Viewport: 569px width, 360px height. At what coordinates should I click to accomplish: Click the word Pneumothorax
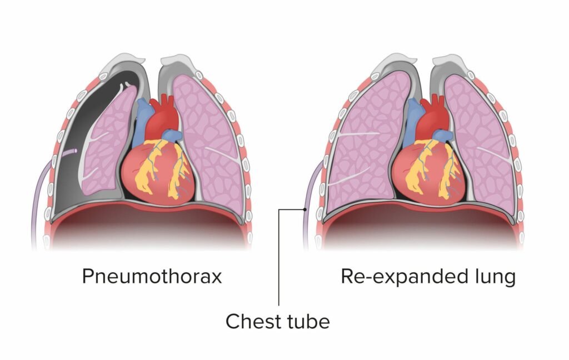(152, 276)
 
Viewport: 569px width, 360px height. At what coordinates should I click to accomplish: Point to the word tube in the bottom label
(305, 321)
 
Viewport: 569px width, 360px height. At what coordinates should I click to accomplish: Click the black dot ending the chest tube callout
(306, 209)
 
